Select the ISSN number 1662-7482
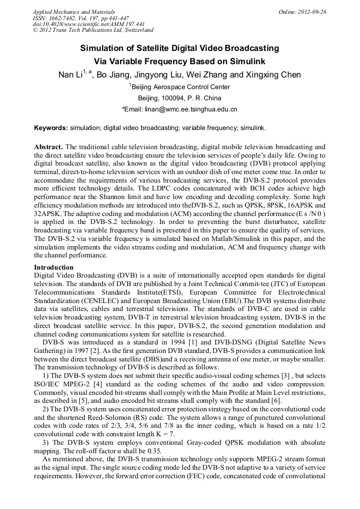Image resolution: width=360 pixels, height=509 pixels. [66, 18]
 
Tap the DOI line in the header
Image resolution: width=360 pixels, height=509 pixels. [89, 24]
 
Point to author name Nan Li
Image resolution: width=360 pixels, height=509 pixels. [70, 75]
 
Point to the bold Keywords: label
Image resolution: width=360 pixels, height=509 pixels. [51, 128]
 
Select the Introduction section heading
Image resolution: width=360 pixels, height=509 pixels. [54, 268]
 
